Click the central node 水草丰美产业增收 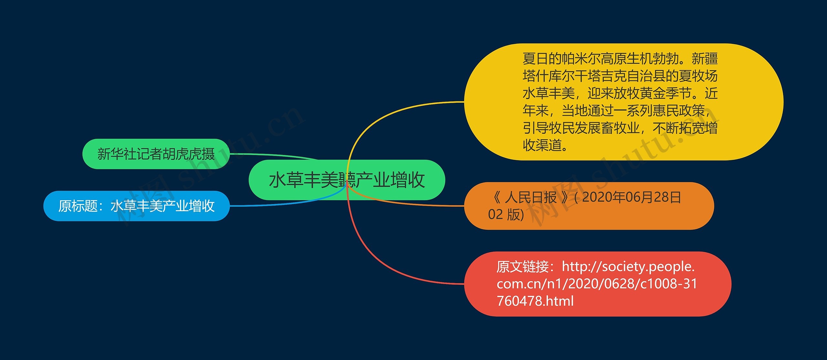pyautogui.click(x=347, y=180)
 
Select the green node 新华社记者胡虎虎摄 pyautogui.click(x=156, y=154)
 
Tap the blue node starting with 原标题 pyautogui.click(x=136, y=206)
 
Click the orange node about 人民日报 pyautogui.click(x=589, y=206)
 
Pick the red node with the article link pyautogui.click(x=598, y=284)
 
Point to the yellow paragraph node pyautogui.click(x=624, y=102)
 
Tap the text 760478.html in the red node pyautogui.click(x=535, y=301)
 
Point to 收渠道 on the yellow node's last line pyautogui.click(x=542, y=145)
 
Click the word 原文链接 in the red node pyautogui.click(x=523, y=267)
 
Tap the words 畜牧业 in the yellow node pyautogui.click(x=620, y=128)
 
